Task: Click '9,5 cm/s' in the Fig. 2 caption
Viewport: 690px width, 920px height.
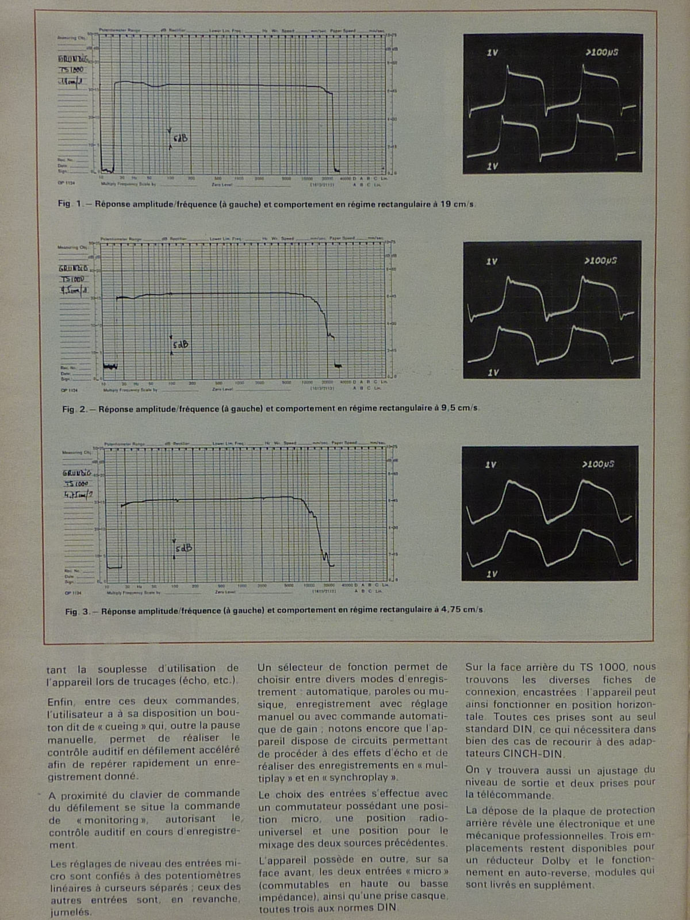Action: click(460, 408)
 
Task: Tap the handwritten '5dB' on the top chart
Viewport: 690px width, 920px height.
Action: click(180, 139)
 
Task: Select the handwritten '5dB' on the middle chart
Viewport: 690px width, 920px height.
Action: click(181, 344)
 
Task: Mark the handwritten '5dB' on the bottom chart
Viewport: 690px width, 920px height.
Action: click(183, 549)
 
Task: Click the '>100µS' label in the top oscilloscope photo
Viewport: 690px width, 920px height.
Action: click(602, 53)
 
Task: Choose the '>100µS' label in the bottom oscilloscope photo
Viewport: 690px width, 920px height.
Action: click(598, 464)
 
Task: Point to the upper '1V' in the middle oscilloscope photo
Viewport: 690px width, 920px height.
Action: click(492, 262)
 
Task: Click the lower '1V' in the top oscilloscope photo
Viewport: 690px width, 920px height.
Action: click(492, 166)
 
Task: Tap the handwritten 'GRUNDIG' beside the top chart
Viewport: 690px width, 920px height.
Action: click(73, 59)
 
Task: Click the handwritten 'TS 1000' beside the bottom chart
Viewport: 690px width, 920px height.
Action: click(76, 484)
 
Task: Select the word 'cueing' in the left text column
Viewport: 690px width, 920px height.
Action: click(122, 726)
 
